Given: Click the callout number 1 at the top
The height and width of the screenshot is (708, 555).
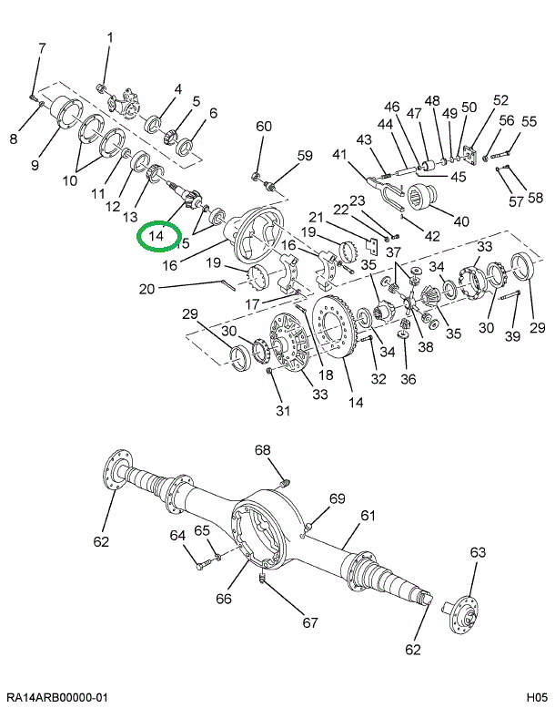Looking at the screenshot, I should [110, 37].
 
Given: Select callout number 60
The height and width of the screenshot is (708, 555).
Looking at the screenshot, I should [263, 126].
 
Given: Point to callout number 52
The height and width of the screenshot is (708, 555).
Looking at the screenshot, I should [500, 100].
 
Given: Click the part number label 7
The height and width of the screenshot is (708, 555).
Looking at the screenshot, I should [41, 47].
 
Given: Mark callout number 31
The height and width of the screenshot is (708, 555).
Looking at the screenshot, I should [283, 411].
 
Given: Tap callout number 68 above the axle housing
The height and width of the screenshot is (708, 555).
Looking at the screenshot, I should [263, 450].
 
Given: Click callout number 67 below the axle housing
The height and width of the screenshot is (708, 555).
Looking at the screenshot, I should [310, 623].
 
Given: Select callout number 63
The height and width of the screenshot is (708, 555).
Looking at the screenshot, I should [478, 552].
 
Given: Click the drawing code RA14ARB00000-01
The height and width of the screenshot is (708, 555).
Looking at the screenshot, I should [57, 697].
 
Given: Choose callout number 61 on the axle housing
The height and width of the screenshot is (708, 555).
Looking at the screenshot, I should [368, 515].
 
